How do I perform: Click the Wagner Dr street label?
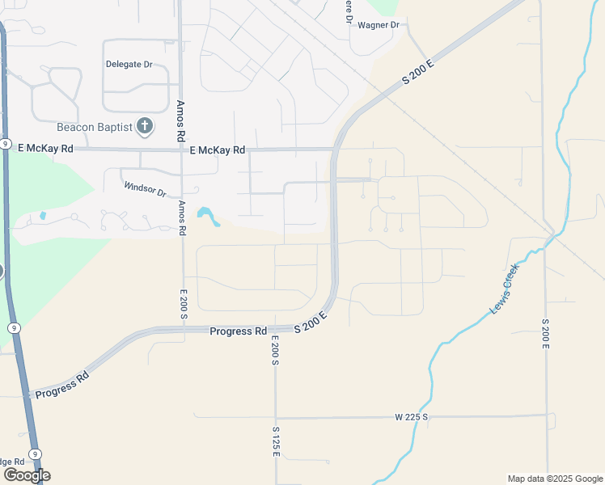click(x=379, y=25)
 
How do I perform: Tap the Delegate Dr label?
click(x=129, y=64)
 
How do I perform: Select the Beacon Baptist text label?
click(x=94, y=126)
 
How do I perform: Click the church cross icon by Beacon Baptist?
click(x=144, y=125)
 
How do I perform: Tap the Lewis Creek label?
click(x=505, y=289)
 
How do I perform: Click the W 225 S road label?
click(x=411, y=416)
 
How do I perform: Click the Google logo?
click(x=27, y=475)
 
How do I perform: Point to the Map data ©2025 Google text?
click(x=555, y=479)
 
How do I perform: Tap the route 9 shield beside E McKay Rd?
click(x=5, y=144)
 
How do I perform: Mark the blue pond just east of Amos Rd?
click(x=209, y=216)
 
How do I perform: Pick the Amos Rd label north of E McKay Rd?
click(x=181, y=119)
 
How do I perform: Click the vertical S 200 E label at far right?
click(x=545, y=333)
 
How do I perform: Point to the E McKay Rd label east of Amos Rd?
click(x=217, y=150)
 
